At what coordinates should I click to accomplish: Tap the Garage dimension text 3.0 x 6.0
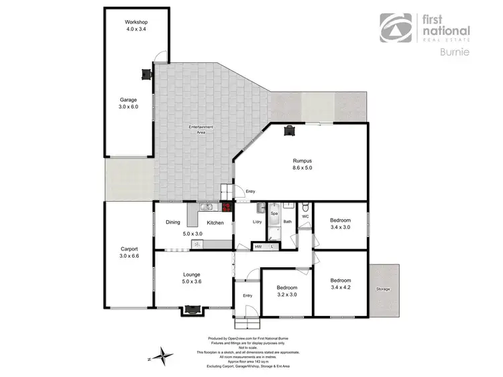(129, 106)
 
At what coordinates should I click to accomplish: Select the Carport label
(129, 249)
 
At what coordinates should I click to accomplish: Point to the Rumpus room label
(302, 161)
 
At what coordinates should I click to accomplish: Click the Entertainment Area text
(201, 129)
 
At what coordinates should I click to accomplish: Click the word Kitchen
(215, 222)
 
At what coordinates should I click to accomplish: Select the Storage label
(383, 289)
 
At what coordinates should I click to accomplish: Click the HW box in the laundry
(259, 247)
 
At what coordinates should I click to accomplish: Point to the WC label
(304, 216)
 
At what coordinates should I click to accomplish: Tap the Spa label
(274, 214)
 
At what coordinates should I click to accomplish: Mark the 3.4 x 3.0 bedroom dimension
(340, 227)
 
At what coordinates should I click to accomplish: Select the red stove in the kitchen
(227, 206)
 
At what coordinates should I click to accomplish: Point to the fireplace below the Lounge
(193, 310)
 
